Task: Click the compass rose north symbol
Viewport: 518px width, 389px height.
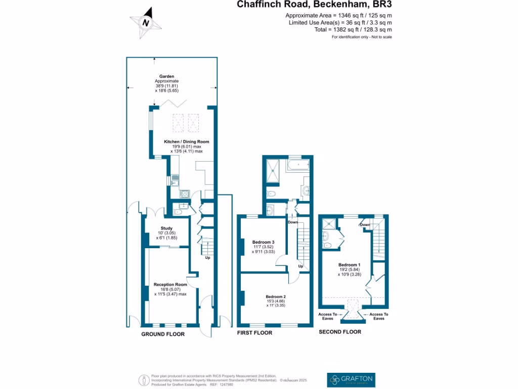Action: pos(146,22)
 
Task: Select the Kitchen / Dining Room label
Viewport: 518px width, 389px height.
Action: pos(186,142)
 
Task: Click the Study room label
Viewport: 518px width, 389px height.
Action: pos(166,228)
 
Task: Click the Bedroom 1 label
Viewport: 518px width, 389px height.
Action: pos(349,265)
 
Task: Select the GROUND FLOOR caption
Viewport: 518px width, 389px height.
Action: pos(162,334)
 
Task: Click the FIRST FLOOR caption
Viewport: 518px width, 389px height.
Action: pos(255,333)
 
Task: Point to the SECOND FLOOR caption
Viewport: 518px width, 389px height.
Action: pos(339,332)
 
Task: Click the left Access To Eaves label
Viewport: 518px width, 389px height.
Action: pos(327,317)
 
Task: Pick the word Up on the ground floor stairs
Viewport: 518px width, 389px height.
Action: pos(207,258)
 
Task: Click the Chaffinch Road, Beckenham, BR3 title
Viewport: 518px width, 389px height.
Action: pos(315,5)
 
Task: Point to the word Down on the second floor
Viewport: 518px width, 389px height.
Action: pos(365,224)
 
